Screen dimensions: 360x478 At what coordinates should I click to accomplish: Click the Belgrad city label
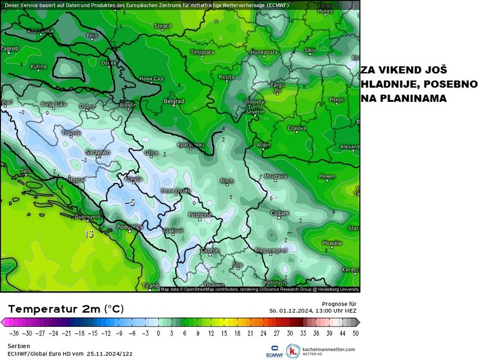[x=174, y=101]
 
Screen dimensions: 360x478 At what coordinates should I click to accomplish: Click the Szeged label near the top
[x=163, y=26]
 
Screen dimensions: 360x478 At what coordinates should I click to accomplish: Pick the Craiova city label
[x=296, y=128]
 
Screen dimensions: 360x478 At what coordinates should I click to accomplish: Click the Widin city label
[x=263, y=145]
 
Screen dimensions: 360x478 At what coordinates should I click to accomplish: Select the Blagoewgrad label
[x=270, y=250]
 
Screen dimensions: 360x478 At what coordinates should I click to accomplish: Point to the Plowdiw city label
[x=332, y=243]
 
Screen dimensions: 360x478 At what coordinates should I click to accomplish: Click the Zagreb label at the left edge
[x=10, y=48]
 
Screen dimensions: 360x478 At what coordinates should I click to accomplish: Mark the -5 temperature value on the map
[x=129, y=201]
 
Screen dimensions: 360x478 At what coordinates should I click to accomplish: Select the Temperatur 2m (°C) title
[x=66, y=309]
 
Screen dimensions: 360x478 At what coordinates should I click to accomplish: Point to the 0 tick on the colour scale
[x=158, y=333]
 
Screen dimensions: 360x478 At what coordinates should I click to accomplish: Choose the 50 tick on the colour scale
[x=355, y=333]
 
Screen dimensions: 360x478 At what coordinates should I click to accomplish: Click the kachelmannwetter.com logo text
[x=328, y=349]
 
